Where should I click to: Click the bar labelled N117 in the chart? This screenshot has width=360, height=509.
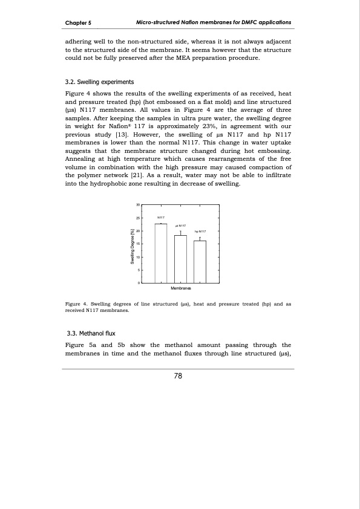tap(161, 253)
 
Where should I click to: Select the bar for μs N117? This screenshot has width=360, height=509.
tap(180, 259)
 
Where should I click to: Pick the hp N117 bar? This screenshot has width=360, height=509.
tap(200, 262)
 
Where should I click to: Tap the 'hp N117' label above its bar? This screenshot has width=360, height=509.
tap(200, 231)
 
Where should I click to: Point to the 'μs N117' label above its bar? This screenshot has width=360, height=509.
tap(180, 225)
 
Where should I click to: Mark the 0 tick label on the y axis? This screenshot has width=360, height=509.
tap(139, 284)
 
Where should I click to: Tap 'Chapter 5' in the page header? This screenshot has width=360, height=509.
tap(78, 23)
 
